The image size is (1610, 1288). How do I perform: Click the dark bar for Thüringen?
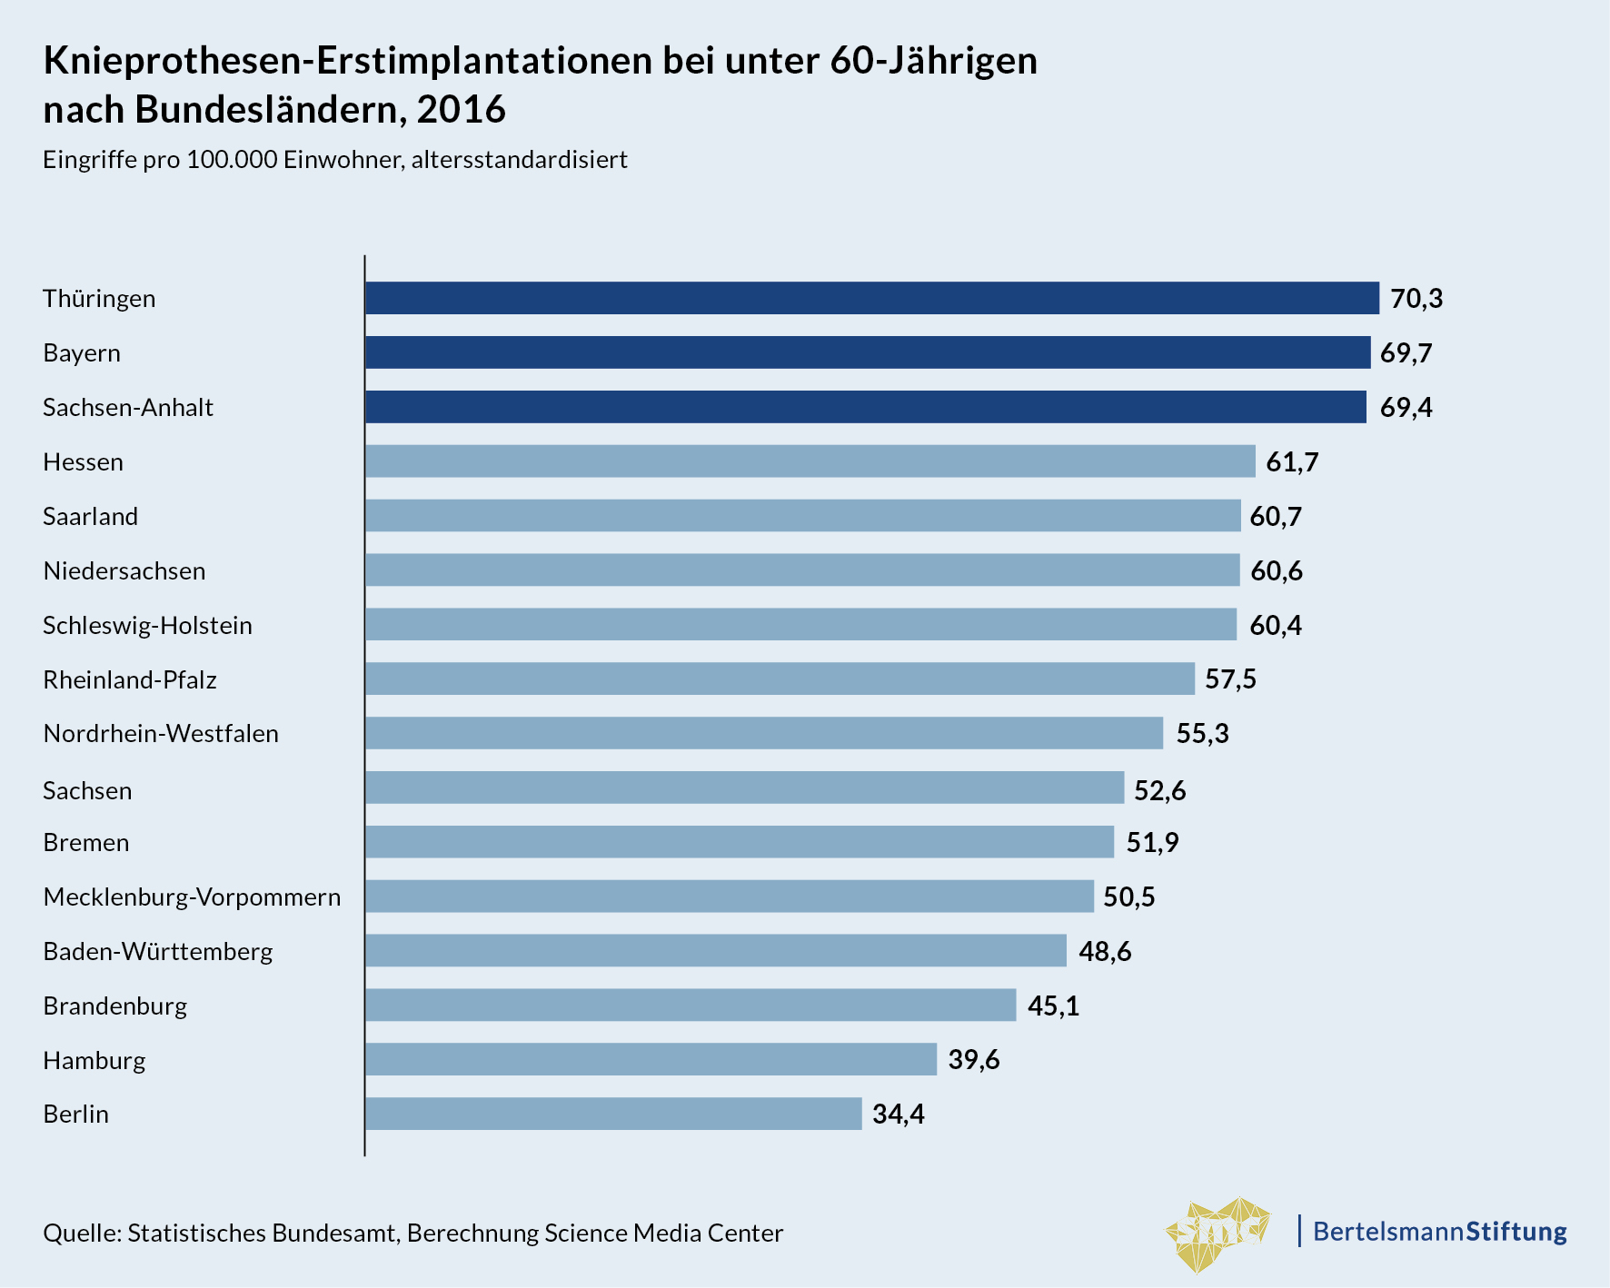(x=872, y=298)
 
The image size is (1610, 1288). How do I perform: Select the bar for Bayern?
(x=868, y=352)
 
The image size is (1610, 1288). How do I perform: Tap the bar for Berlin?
(x=613, y=1114)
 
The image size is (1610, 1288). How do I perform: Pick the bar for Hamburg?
(x=651, y=1059)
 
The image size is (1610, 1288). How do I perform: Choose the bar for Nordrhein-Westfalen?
(x=764, y=733)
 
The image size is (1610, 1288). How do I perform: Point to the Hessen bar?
(x=810, y=461)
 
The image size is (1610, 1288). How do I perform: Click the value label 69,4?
(x=1406, y=407)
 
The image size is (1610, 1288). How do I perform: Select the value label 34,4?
(x=898, y=1114)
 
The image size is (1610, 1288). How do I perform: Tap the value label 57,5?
(x=1230, y=679)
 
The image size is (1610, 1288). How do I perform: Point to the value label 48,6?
(x=1105, y=951)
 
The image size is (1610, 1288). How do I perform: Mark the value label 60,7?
(x=1276, y=516)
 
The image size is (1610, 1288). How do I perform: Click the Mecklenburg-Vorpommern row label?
(x=192, y=897)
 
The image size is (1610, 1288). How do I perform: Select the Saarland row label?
(x=91, y=516)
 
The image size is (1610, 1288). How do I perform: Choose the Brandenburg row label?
(x=115, y=1006)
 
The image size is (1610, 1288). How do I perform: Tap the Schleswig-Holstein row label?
(x=147, y=625)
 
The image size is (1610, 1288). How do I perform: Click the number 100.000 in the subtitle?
(x=232, y=160)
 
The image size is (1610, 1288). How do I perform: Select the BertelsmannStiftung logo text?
(x=1439, y=1232)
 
